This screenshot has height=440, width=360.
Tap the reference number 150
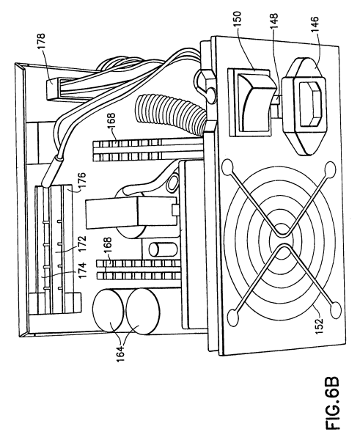pos(237,19)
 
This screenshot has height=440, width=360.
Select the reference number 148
pos(273,21)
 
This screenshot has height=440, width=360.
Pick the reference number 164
pos(120,353)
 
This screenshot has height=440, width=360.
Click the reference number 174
pos(83,271)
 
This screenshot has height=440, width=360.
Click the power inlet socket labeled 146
pos(304,106)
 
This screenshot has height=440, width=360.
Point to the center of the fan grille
pos(281,240)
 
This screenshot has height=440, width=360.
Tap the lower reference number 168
pos(107,246)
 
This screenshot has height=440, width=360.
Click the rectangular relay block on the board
pos(131,211)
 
